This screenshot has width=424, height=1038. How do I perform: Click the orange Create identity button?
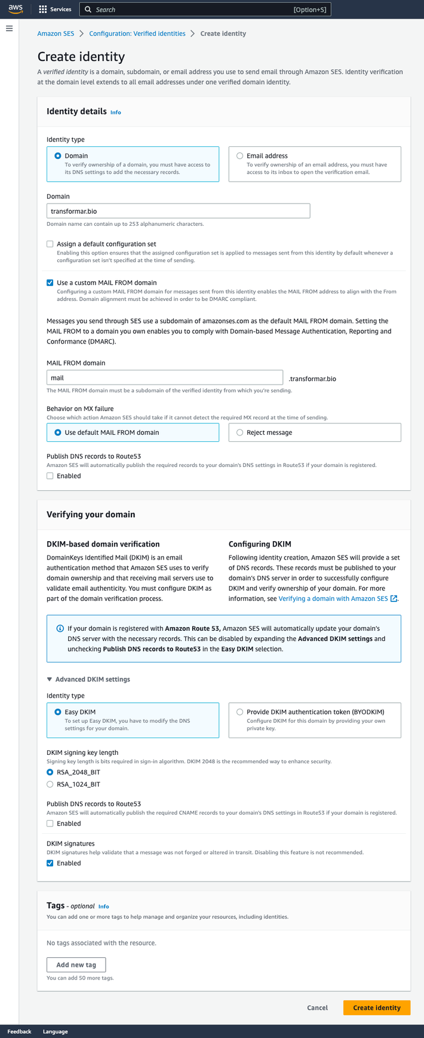376,1008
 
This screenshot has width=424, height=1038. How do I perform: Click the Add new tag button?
76,965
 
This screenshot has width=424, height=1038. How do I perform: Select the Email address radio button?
239,156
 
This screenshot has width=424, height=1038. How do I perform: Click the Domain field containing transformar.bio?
178,211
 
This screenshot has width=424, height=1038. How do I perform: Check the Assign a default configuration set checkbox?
50,244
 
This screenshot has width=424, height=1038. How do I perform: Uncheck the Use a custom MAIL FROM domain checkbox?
50,283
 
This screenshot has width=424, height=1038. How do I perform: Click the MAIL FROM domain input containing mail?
164,377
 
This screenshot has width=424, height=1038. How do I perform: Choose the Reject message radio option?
239,432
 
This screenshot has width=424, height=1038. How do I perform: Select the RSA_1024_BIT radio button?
50,784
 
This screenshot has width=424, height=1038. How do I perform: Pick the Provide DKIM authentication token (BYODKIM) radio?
239,712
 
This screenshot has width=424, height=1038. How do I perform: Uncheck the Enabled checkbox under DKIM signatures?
50,863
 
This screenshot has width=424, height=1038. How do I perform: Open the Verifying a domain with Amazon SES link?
333,598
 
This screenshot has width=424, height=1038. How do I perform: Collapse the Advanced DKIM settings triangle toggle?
50,680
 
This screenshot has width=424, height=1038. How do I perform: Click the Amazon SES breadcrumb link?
56,33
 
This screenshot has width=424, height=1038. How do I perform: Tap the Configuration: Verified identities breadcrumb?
137,33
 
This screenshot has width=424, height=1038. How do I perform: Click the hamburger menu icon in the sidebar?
10,29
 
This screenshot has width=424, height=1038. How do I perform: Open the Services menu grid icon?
43,10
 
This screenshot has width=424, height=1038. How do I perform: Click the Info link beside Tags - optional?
103,907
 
